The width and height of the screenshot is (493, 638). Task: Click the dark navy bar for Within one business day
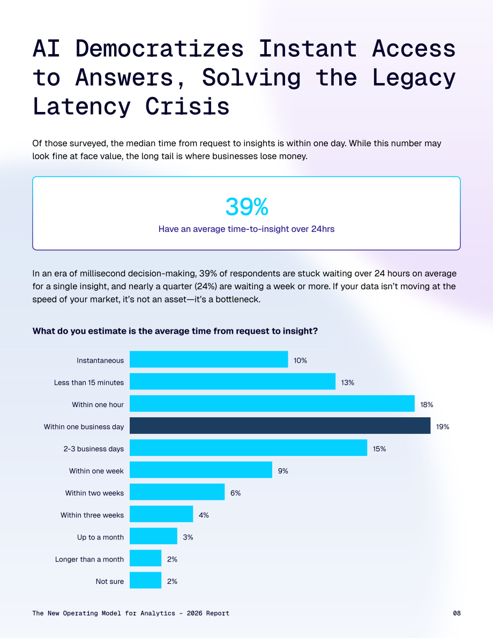pyautogui.click(x=280, y=426)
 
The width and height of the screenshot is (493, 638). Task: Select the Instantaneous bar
pyautogui.click(x=209, y=359)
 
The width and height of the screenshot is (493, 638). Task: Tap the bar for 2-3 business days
pyautogui.click(x=248, y=448)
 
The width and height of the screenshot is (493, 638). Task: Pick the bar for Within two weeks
pyautogui.click(x=177, y=492)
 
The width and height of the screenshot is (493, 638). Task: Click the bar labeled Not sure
pyautogui.click(x=146, y=580)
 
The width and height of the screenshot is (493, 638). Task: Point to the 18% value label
pyautogui.click(x=427, y=404)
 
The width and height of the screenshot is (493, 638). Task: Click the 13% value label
pyautogui.click(x=348, y=382)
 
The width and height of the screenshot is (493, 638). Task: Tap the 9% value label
pyautogui.click(x=283, y=471)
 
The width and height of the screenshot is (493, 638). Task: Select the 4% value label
pyautogui.click(x=204, y=515)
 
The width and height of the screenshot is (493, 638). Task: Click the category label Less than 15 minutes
pyautogui.click(x=89, y=382)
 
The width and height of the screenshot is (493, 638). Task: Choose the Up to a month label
pyautogui.click(x=101, y=537)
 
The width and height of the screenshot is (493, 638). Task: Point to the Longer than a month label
pyautogui.click(x=89, y=559)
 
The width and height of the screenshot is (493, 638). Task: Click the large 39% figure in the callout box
pyautogui.click(x=246, y=207)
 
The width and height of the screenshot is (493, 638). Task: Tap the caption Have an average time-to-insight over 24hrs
pyautogui.click(x=246, y=229)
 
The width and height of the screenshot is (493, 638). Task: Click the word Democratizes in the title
pyautogui.click(x=160, y=48)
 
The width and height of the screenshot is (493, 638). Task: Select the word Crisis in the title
pyautogui.click(x=187, y=107)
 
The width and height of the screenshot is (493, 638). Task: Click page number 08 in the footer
pyautogui.click(x=457, y=613)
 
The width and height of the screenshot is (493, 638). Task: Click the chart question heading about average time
pyautogui.click(x=175, y=331)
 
